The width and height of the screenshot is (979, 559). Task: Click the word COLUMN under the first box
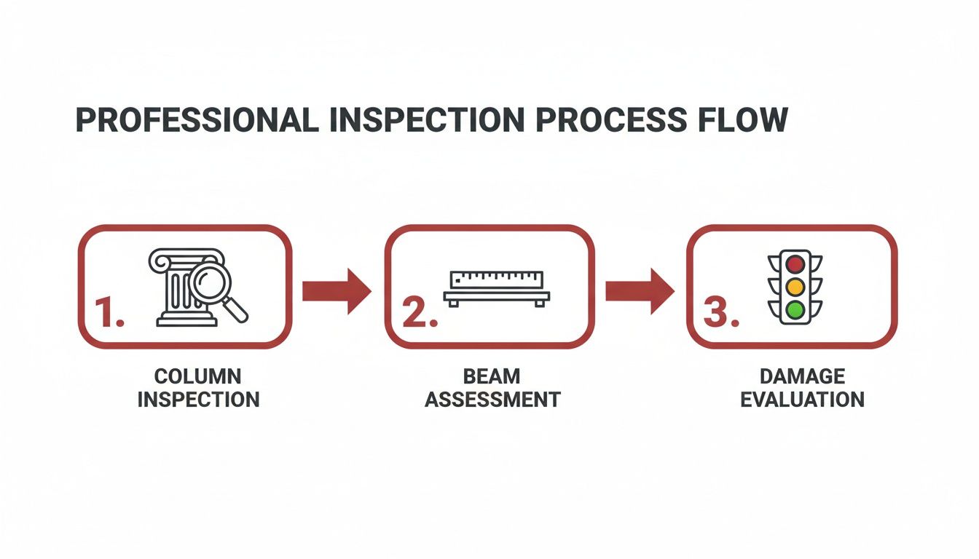198,376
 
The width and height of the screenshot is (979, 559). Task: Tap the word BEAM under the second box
492,376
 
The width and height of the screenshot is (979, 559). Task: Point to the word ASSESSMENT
492,399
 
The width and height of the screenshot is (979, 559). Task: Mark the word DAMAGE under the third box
802,376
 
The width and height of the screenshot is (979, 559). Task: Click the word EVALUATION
802,399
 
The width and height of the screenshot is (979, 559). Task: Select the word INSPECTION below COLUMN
198,399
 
